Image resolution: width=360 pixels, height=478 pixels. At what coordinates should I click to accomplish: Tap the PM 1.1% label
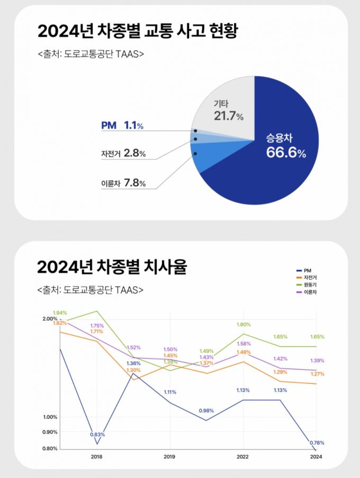(122, 126)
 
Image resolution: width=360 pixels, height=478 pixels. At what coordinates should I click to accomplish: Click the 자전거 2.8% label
(123, 154)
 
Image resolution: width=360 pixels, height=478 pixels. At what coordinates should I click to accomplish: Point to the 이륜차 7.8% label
(123, 183)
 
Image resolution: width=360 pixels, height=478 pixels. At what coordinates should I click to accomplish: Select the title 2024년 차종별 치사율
(112, 267)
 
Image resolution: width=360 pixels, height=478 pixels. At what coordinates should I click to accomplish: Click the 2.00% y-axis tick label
(50, 318)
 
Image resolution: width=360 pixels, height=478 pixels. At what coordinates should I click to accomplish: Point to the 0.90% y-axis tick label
(50, 432)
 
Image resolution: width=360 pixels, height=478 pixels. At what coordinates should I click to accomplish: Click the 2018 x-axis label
(96, 456)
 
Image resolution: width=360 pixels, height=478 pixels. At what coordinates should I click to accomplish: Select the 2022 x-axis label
(242, 456)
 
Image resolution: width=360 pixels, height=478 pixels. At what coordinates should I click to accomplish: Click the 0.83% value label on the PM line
(97, 435)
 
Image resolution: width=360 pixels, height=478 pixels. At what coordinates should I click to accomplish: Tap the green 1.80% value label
(244, 324)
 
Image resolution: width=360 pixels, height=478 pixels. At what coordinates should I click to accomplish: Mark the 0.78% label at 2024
(317, 442)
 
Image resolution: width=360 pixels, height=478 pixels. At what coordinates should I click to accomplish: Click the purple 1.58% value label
(243, 343)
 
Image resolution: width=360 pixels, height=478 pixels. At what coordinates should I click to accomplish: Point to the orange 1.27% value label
(317, 374)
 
